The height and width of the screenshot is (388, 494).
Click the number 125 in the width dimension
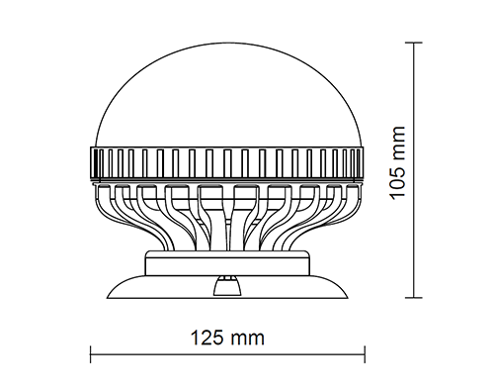point(206,339)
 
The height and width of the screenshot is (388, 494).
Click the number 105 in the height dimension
point(397,180)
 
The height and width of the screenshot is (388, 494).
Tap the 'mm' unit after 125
point(247,339)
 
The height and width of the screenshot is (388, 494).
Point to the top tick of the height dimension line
point(414,43)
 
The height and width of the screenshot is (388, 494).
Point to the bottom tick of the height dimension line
point(414,298)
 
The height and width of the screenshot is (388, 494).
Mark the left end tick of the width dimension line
point(91,354)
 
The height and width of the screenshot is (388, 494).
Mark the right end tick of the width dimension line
point(365,354)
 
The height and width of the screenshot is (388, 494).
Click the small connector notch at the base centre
point(227,286)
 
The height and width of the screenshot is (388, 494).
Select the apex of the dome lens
point(229,43)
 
